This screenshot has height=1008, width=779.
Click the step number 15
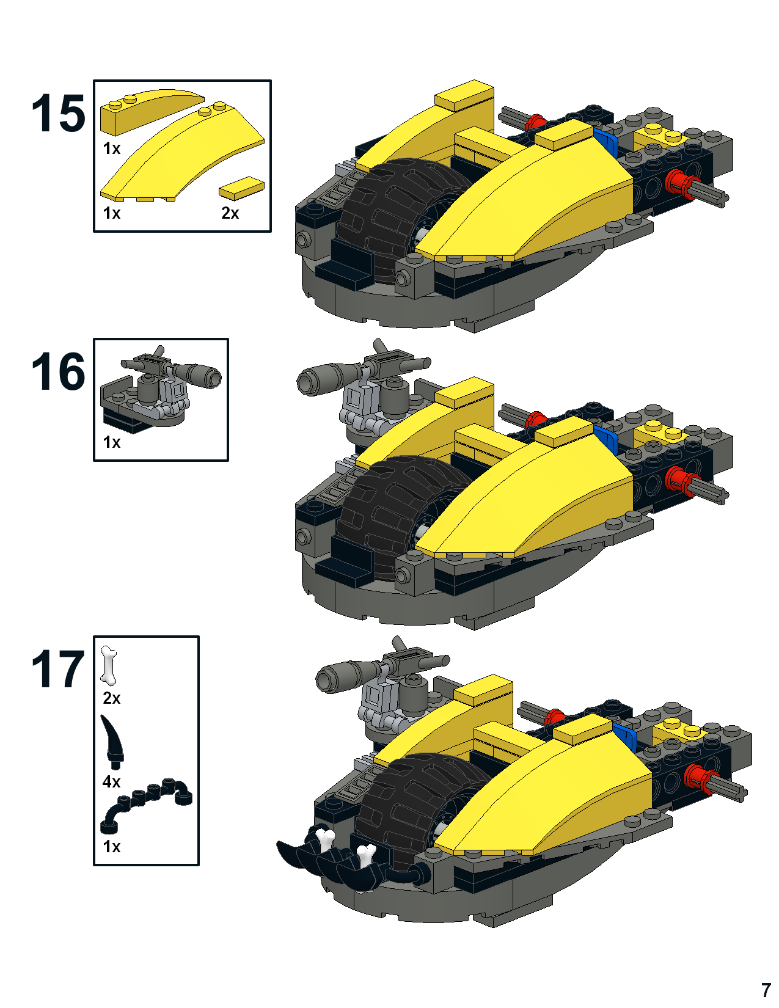click(59, 113)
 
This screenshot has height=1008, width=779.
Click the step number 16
click(59, 371)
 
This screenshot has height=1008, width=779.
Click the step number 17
click(59, 669)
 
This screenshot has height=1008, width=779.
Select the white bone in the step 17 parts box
click(109, 665)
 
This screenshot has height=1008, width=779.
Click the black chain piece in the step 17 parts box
click(146, 805)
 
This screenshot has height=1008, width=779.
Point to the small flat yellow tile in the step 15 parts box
click(242, 188)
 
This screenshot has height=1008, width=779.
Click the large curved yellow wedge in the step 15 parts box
click(182, 155)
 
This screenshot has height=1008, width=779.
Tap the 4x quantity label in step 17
click(111, 782)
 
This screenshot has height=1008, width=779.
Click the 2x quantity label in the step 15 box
click(230, 213)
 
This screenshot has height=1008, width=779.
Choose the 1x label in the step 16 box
click(111, 442)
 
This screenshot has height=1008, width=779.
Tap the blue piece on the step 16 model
click(607, 440)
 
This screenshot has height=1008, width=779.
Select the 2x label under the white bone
click(111, 698)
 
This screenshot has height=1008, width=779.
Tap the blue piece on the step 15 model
click(607, 143)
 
